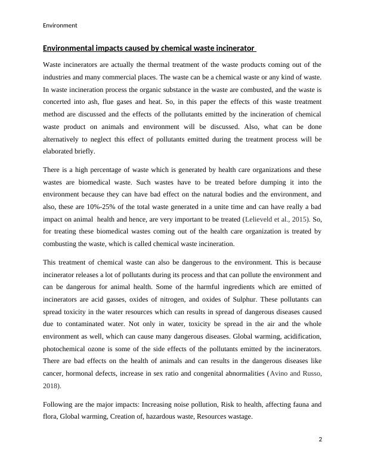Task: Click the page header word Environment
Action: click(60, 26)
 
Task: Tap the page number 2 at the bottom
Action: click(320, 440)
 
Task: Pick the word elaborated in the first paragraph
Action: click(59, 152)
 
